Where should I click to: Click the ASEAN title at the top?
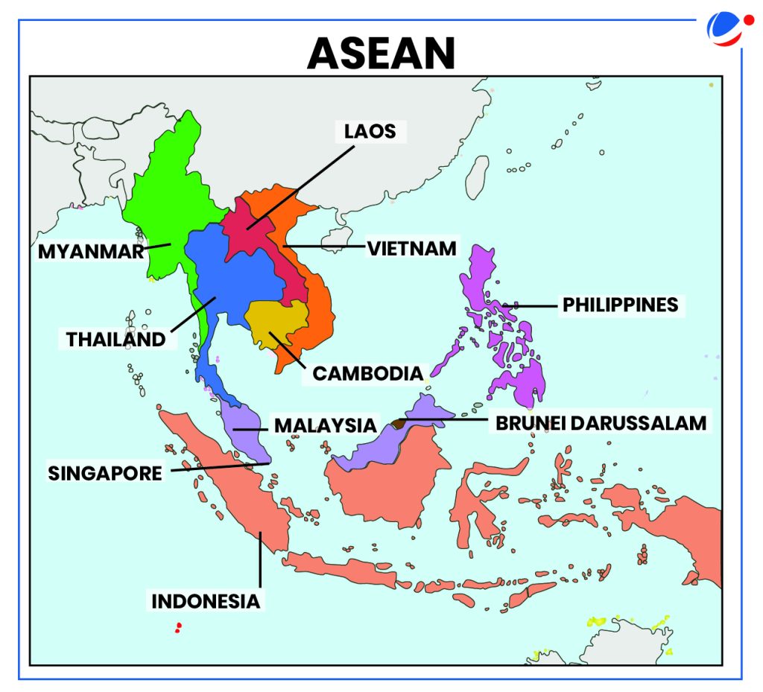[x=380, y=52]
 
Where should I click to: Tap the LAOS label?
[x=370, y=132]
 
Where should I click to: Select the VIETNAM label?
[x=411, y=247]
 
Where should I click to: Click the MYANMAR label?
[x=90, y=251]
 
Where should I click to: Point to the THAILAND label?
[x=115, y=339]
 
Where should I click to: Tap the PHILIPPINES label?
[x=620, y=305]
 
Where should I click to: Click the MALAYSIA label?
[x=325, y=425]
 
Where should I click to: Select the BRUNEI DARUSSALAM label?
[x=600, y=423]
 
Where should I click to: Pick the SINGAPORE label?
[x=105, y=473]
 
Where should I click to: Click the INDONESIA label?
[x=206, y=600]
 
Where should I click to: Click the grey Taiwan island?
[x=477, y=177]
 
